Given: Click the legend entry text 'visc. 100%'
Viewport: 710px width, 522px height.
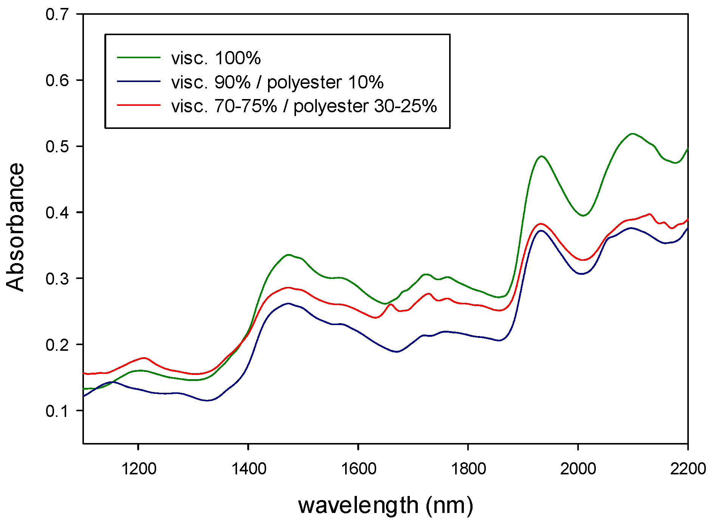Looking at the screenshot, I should click(x=216, y=58).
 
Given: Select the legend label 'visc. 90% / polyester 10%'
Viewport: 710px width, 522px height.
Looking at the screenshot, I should click(x=277, y=82).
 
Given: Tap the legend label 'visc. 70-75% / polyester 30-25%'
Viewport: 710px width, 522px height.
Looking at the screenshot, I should click(x=304, y=106).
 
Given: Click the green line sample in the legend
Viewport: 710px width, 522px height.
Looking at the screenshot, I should click(x=139, y=57).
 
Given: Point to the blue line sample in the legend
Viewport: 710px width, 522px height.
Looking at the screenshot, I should click(x=139, y=81).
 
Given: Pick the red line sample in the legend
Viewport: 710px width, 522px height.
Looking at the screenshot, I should click(x=139, y=105).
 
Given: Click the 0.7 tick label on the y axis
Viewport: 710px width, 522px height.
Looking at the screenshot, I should click(x=57, y=14).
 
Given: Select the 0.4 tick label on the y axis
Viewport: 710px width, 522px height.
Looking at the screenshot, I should click(x=57, y=212).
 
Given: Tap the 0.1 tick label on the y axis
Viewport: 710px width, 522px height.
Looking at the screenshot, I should click(x=57, y=411).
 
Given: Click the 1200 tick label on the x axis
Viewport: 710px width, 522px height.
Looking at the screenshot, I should click(x=139, y=469).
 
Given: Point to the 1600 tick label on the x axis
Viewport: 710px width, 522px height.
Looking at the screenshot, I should click(x=358, y=469).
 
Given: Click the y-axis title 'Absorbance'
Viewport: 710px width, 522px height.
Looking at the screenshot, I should click(x=15, y=227).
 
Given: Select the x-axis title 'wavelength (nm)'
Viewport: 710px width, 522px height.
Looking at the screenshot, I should click(x=385, y=505).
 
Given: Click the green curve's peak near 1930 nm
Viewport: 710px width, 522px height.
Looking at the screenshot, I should click(x=542, y=156).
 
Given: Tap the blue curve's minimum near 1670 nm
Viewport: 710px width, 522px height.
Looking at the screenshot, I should click(x=397, y=352).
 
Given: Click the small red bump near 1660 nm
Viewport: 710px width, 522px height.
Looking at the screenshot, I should click(x=391, y=304).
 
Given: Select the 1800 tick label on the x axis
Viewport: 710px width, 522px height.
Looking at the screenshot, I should click(x=468, y=469).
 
